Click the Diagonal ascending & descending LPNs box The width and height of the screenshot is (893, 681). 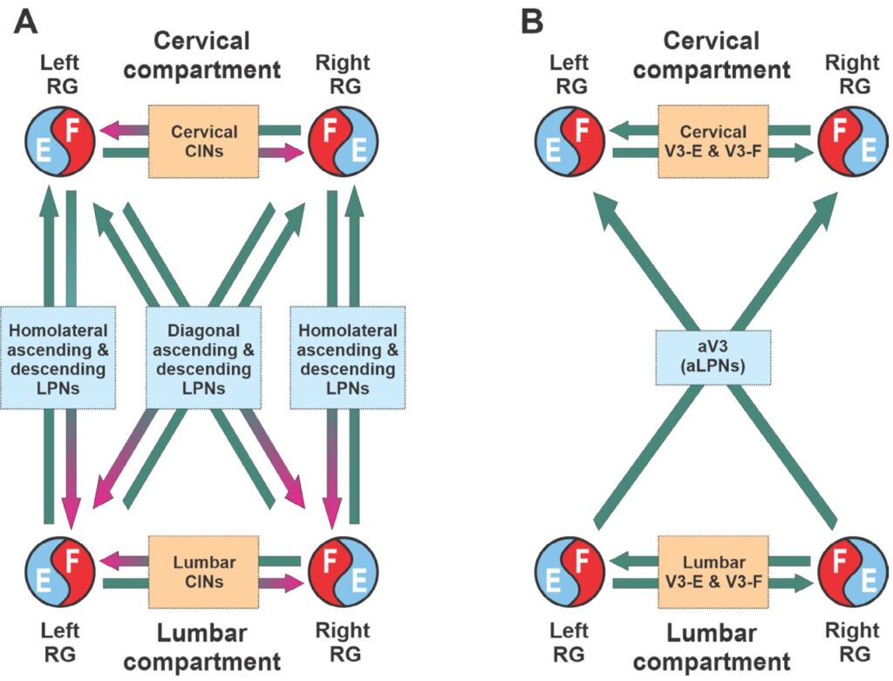(204, 358)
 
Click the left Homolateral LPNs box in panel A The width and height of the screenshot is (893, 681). (58, 358)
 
